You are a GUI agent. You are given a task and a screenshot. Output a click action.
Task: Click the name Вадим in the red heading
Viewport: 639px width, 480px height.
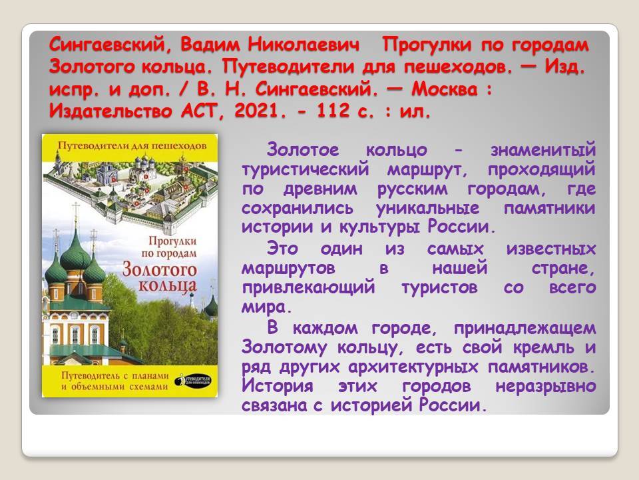click(210, 45)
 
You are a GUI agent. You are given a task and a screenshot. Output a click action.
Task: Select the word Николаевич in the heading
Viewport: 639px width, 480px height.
click(304, 45)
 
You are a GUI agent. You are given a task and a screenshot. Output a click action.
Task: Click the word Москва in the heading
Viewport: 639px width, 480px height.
click(444, 89)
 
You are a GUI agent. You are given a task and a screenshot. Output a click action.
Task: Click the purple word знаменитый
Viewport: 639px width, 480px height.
click(543, 150)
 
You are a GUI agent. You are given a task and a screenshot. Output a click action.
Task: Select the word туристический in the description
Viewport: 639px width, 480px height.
click(306, 169)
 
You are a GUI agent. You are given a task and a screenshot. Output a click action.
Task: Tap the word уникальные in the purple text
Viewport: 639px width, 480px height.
click(427, 208)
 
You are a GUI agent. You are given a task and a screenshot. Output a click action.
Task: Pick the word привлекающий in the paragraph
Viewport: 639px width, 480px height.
click(308, 287)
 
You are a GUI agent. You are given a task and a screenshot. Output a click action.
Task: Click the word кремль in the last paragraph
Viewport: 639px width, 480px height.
click(544, 347)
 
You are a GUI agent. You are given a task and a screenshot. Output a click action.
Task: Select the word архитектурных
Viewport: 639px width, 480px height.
click(413, 367)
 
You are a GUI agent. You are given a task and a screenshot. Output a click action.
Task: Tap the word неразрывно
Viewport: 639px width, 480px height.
click(546, 386)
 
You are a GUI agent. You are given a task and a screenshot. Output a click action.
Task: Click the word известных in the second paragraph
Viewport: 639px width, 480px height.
click(551, 249)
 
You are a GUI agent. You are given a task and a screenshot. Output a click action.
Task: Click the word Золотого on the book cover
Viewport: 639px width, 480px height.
click(160, 269)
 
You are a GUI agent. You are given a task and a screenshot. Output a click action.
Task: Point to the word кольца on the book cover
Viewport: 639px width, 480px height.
click(168, 286)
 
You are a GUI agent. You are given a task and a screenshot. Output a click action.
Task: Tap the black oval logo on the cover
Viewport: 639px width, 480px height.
click(193, 381)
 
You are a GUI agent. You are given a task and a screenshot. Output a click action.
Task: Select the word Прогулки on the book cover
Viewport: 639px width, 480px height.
click(172, 241)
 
